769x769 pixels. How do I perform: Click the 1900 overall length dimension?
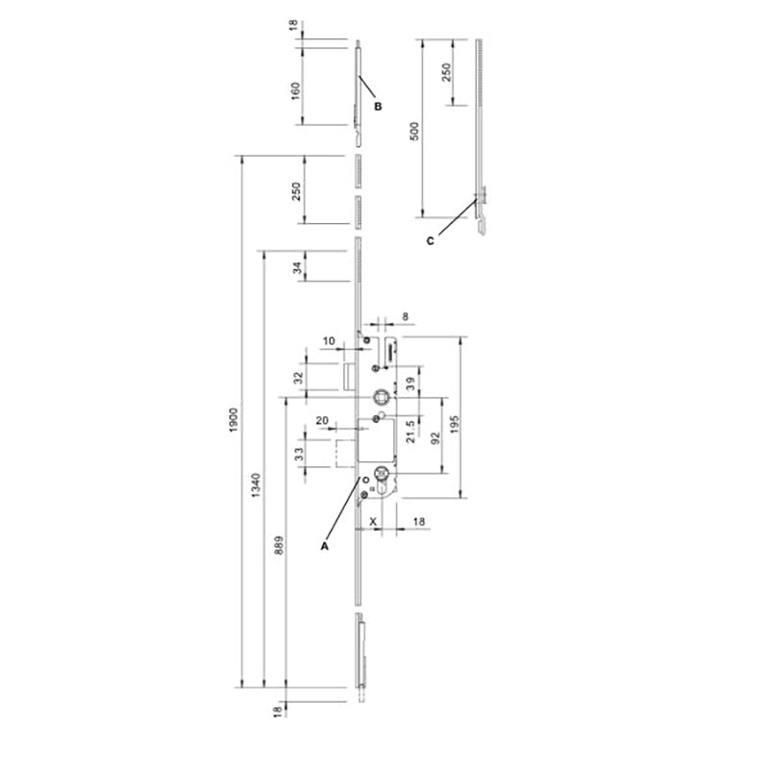(x=233, y=419)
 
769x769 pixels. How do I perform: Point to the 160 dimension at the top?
(x=296, y=89)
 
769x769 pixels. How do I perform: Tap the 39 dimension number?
(x=409, y=384)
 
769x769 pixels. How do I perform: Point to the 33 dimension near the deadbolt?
(x=298, y=451)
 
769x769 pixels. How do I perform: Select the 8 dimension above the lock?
(x=404, y=315)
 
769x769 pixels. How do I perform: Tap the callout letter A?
(x=325, y=544)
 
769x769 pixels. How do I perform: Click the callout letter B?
(x=378, y=106)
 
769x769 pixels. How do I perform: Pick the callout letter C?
(x=430, y=241)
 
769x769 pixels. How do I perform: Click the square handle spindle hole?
(x=382, y=395)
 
